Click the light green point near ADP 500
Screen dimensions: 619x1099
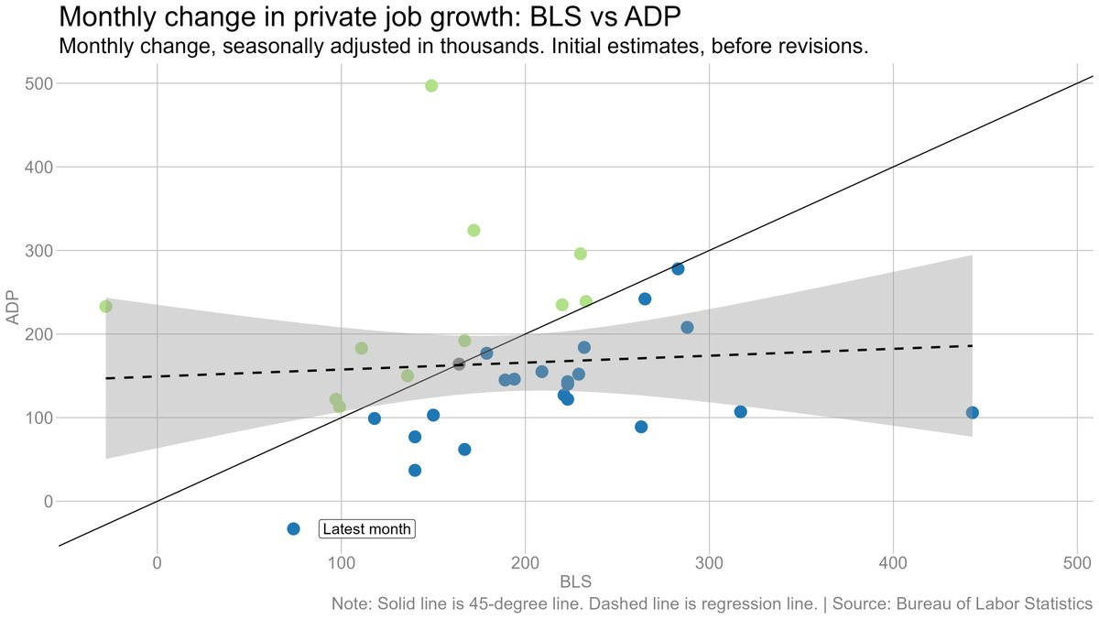coord(431,86)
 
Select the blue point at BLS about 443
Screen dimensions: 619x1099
coord(972,413)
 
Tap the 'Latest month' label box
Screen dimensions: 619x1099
coord(367,529)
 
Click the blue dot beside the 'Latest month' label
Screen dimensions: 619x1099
coord(293,529)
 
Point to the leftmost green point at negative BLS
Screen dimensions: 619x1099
coord(105,306)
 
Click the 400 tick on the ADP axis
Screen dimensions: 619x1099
coord(38,168)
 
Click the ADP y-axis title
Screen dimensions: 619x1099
coord(13,309)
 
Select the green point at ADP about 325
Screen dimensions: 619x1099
coord(473,231)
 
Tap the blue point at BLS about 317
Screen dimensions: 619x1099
coord(740,412)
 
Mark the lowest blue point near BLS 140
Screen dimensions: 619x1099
coord(415,471)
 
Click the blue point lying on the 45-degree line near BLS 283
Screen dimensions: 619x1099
coord(678,269)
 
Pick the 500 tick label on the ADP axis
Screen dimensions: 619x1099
coord(38,84)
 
